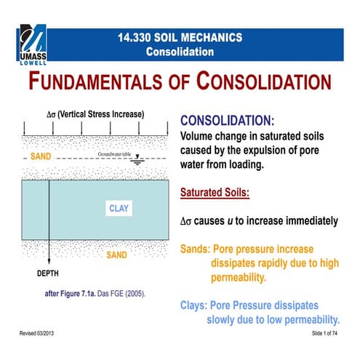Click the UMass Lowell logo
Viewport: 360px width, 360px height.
pos(35,47)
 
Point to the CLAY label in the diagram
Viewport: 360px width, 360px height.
pos(119,209)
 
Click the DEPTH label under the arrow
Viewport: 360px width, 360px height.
pos(49,275)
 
